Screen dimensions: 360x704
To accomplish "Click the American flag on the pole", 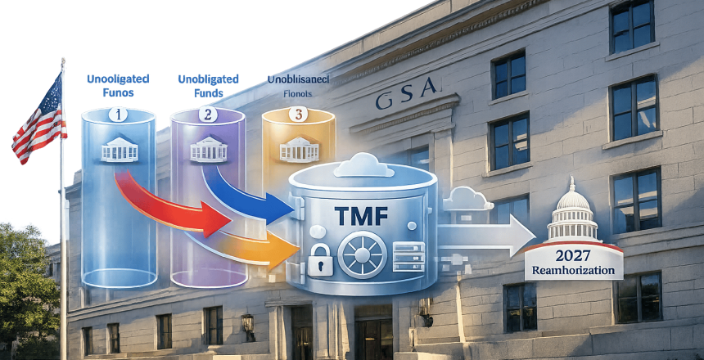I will coord(37,123).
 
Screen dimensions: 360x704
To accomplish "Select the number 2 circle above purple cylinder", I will coord(207,115).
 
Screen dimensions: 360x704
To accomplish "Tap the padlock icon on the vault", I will coord(320,260).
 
